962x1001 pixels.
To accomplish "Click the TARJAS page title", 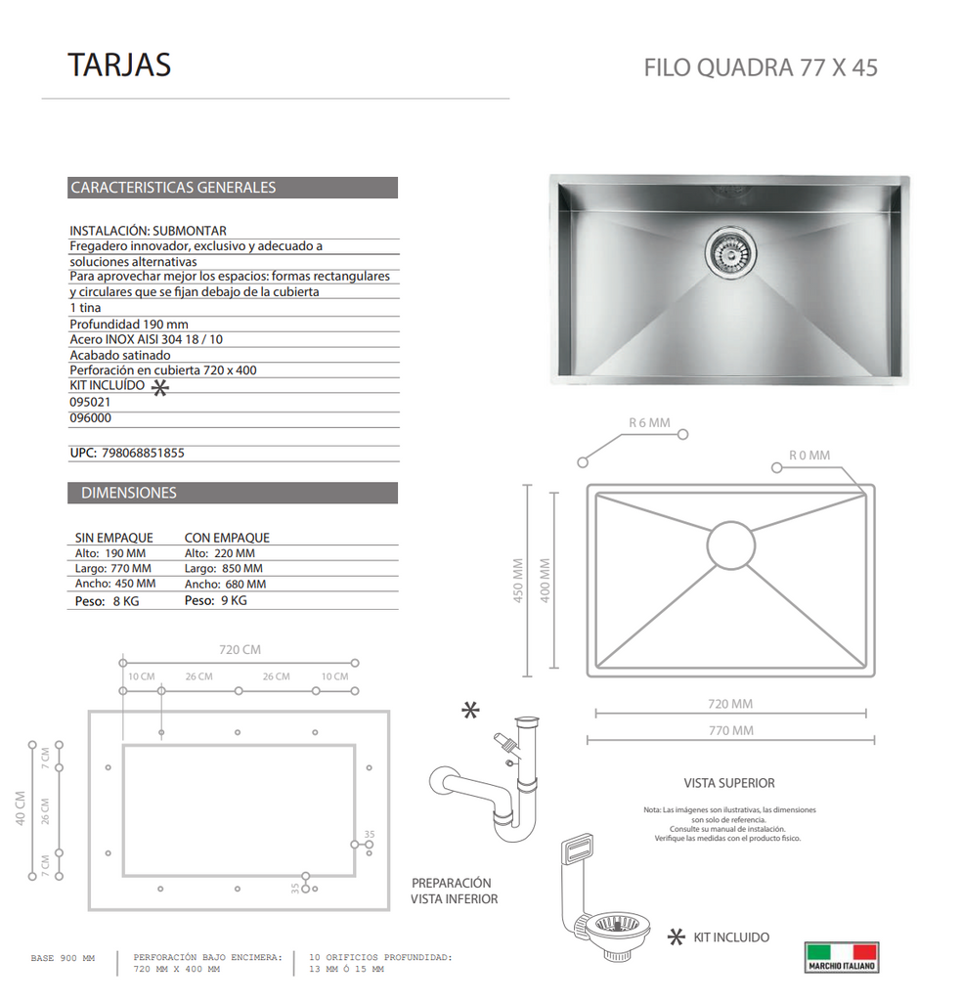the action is (119, 65).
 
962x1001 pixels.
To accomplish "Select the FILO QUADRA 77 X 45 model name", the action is (761, 67).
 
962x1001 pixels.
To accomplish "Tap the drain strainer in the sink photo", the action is (731, 251).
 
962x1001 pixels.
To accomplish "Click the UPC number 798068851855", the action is (143, 454).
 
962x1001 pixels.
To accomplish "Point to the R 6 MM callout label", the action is (649, 422).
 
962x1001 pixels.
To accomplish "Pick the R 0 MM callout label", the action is (809, 456).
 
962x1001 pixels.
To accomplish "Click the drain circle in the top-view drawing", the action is (731, 545).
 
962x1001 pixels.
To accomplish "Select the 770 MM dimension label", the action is (731, 730).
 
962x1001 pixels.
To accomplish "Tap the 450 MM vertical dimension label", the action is (518, 581).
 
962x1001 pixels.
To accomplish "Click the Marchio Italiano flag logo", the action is (842, 958).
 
